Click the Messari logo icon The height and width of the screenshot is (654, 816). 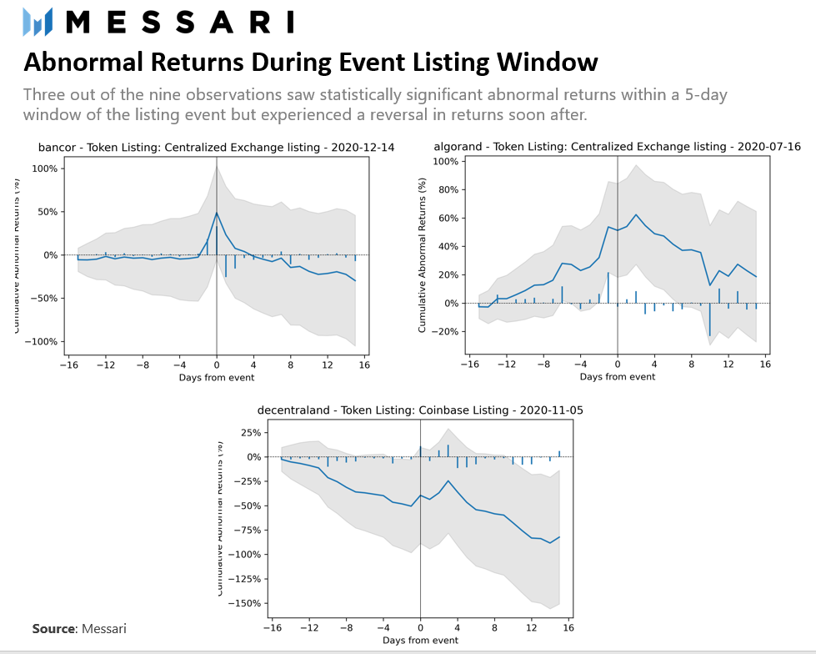pos(38,22)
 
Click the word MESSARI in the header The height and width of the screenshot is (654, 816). pos(179,22)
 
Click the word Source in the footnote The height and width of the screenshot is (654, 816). pos(53,628)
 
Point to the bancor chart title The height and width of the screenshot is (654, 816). pos(217,148)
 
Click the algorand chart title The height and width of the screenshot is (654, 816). pos(618,147)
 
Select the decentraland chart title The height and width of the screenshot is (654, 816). pos(420,410)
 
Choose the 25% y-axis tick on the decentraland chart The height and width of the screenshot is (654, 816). pos(252,433)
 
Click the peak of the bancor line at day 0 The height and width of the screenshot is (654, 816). pos(217,213)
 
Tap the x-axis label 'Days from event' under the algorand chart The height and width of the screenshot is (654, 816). pos(618,377)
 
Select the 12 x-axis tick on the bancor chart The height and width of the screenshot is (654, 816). pos(328,365)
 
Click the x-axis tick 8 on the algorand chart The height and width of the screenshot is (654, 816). pos(691,365)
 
